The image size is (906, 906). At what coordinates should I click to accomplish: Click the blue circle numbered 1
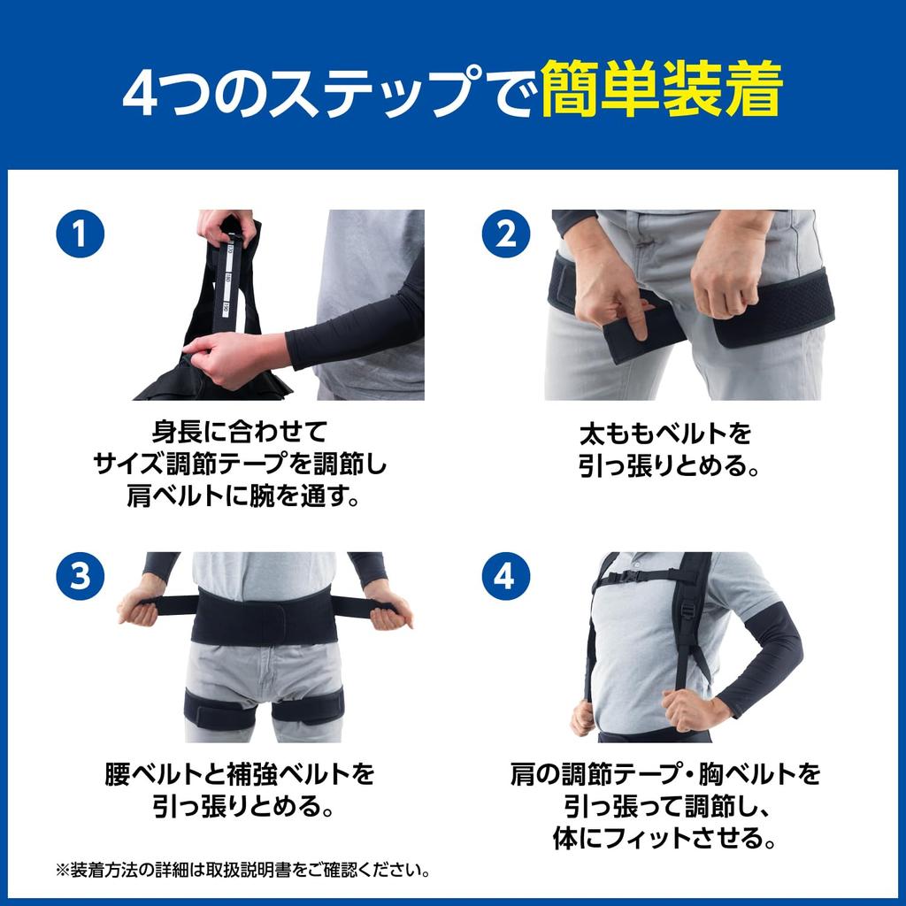coord(81,234)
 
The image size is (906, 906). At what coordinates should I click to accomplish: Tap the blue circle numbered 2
coord(505,234)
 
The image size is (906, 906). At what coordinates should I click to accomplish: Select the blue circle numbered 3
coord(81,576)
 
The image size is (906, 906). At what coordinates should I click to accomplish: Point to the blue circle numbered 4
coord(505,576)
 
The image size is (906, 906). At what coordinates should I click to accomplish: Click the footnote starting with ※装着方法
coord(243,870)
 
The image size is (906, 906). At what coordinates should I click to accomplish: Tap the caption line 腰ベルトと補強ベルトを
coord(241,775)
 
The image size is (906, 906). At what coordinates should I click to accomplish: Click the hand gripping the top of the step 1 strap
coord(226,226)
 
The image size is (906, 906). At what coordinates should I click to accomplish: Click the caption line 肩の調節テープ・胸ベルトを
coord(665,775)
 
